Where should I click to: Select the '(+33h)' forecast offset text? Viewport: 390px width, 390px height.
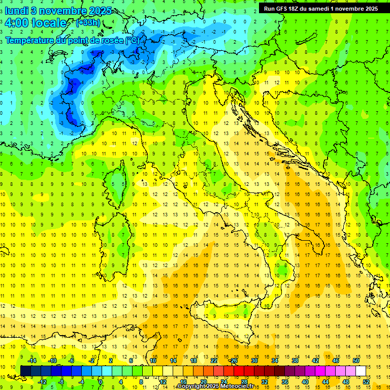pyautogui.click(x=87, y=23)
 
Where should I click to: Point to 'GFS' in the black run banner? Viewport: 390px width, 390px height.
pyautogui.click(x=282, y=8)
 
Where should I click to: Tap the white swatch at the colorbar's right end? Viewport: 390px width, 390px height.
pyautogui.click(x=361, y=371)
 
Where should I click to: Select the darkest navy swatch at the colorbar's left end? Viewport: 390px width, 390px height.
pyautogui.click(x=25, y=371)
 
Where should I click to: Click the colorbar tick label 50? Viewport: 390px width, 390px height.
pyautogui.click(x=356, y=361)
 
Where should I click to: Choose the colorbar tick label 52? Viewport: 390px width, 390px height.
pyautogui.click(x=366, y=381)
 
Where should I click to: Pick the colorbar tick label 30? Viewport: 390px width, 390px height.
pyautogui.click(x=254, y=361)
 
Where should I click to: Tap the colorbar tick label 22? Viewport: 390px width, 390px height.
pyautogui.click(x=214, y=361)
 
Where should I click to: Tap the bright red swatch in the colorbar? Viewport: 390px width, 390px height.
pyautogui.click(x=239, y=371)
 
